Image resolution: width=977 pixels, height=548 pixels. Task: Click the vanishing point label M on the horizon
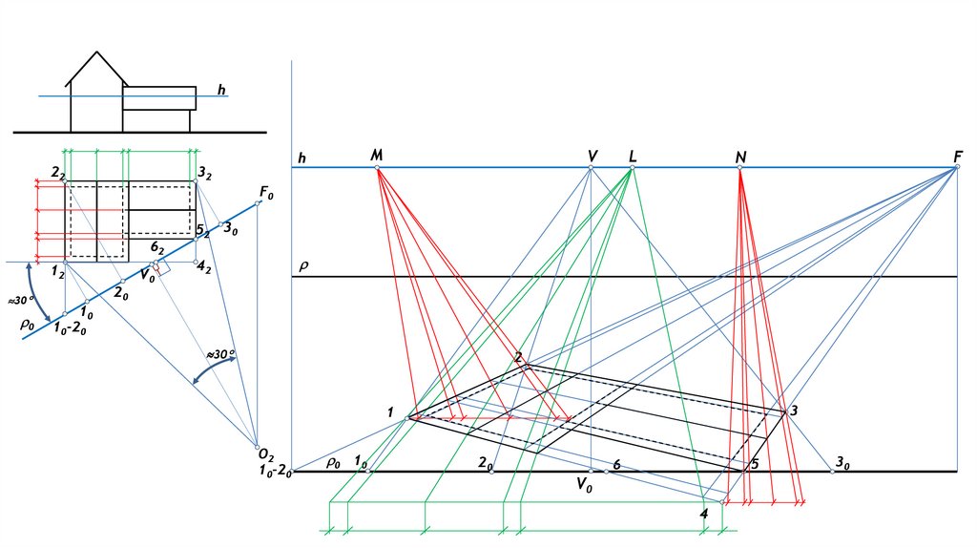click(x=376, y=155)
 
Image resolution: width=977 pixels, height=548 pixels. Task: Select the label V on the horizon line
click(x=592, y=156)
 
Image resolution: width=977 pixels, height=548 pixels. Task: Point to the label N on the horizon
click(x=740, y=156)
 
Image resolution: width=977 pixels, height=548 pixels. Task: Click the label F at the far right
click(x=957, y=156)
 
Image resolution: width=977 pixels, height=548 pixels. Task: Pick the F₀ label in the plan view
click(x=265, y=193)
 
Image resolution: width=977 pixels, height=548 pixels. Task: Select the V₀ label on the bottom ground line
click(x=584, y=485)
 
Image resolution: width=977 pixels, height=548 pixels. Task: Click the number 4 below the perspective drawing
click(x=704, y=516)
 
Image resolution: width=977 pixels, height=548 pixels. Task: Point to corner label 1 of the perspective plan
click(x=390, y=412)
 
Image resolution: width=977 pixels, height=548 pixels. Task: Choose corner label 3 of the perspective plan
click(x=794, y=411)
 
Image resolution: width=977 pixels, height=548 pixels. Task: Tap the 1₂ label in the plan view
click(x=57, y=273)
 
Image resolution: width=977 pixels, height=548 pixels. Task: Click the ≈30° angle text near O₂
click(x=220, y=354)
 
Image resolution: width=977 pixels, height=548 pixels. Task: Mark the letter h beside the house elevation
click(x=221, y=91)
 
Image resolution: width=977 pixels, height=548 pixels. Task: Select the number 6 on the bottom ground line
click(x=617, y=464)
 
